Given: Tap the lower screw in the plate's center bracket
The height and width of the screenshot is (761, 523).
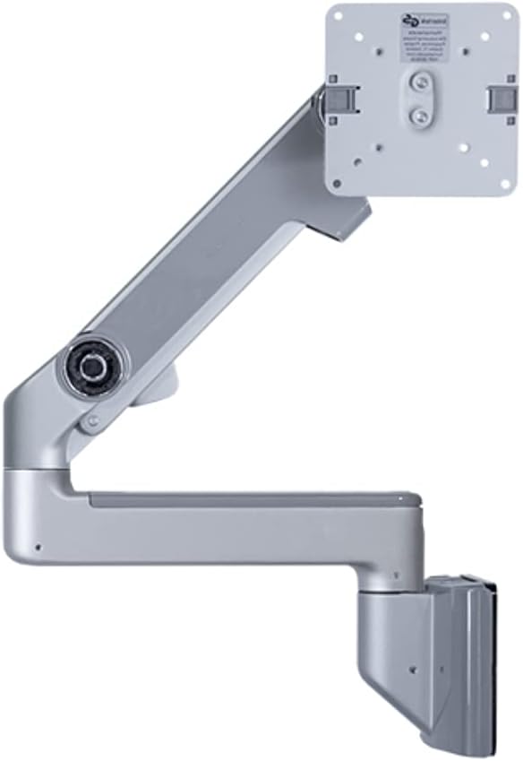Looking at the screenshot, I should click(x=417, y=117).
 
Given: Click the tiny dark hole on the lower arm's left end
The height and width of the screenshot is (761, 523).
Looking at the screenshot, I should click(x=37, y=548).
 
